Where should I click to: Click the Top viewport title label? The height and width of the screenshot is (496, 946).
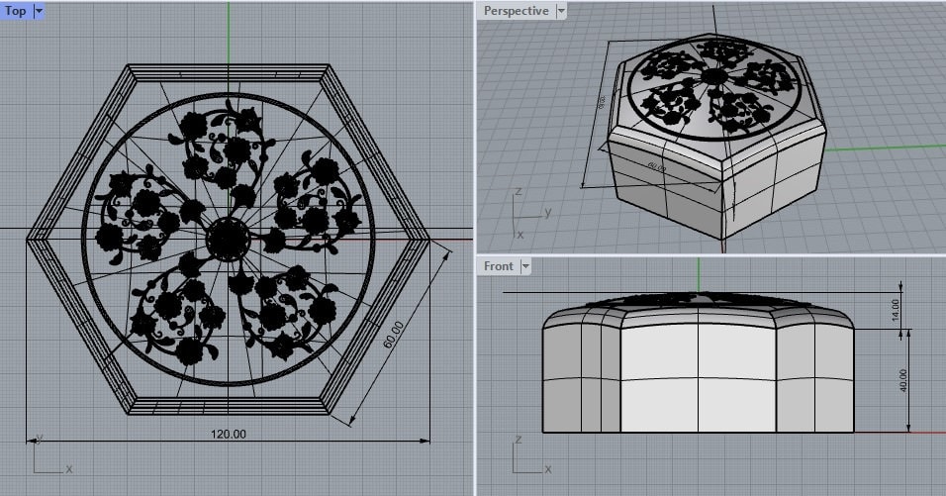pyautogui.click(x=16, y=11)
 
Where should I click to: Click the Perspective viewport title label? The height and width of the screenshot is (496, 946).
pyautogui.click(x=515, y=11)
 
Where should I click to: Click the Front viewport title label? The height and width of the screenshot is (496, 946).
pyautogui.click(x=499, y=265)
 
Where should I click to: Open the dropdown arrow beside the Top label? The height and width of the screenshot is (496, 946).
pyautogui.click(x=39, y=11)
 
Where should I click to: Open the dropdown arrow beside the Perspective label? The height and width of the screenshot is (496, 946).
pyautogui.click(x=561, y=11)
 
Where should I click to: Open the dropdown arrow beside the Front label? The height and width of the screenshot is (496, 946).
pyautogui.click(x=525, y=265)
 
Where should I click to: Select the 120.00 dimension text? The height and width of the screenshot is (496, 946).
pyautogui.click(x=229, y=434)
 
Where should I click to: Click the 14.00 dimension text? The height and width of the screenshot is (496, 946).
pyautogui.click(x=895, y=310)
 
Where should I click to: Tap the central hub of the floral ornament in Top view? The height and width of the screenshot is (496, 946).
pyautogui.click(x=229, y=238)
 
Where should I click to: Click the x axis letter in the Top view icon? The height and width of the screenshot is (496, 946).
pyautogui.click(x=68, y=468)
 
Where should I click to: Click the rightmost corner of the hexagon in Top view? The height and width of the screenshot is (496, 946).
pyautogui.click(x=430, y=238)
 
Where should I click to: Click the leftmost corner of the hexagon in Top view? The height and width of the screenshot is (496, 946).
pyautogui.click(x=27, y=238)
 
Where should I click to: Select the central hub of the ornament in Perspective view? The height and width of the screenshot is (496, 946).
pyautogui.click(x=712, y=75)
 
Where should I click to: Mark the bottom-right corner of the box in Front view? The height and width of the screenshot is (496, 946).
pyautogui.click(x=854, y=432)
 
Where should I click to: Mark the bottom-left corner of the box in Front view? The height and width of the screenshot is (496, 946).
pyautogui.click(x=542, y=432)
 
